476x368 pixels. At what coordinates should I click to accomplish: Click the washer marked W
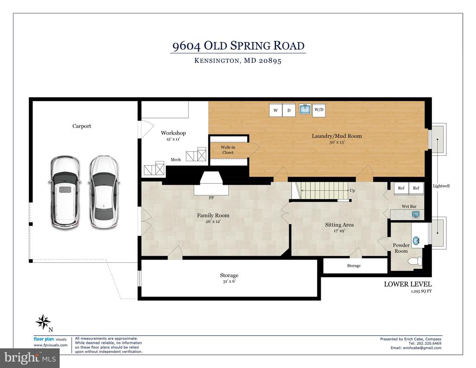click(x=276, y=110)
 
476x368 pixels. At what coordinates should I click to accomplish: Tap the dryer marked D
click(x=289, y=110)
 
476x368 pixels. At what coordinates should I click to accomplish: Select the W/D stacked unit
click(x=319, y=110)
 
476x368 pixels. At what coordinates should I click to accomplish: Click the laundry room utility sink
click(x=305, y=109)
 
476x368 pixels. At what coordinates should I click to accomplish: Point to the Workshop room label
click(x=173, y=133)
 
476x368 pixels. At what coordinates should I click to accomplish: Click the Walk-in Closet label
click(x=228, y=150)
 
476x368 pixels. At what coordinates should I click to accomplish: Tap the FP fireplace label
click(x=212, y=198)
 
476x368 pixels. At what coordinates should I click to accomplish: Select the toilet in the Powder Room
click(x=415, y=261)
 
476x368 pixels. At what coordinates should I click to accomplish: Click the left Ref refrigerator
click(x=401, y=188)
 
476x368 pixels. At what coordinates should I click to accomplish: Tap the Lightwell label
click(x=441, y=186)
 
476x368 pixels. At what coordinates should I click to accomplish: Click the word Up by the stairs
click(x=352, y=191)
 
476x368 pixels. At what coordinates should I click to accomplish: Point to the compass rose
click(x=43, y=322)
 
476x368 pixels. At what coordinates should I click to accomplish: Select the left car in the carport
click(x=65, y=192)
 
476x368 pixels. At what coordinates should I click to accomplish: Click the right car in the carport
click(x=104, y=192)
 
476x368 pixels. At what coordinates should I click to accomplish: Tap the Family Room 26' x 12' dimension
click(x=213, y=221)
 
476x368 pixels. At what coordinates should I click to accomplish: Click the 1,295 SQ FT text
click(x=421, y=291)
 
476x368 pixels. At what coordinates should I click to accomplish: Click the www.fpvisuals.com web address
click(x=50, y=345)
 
